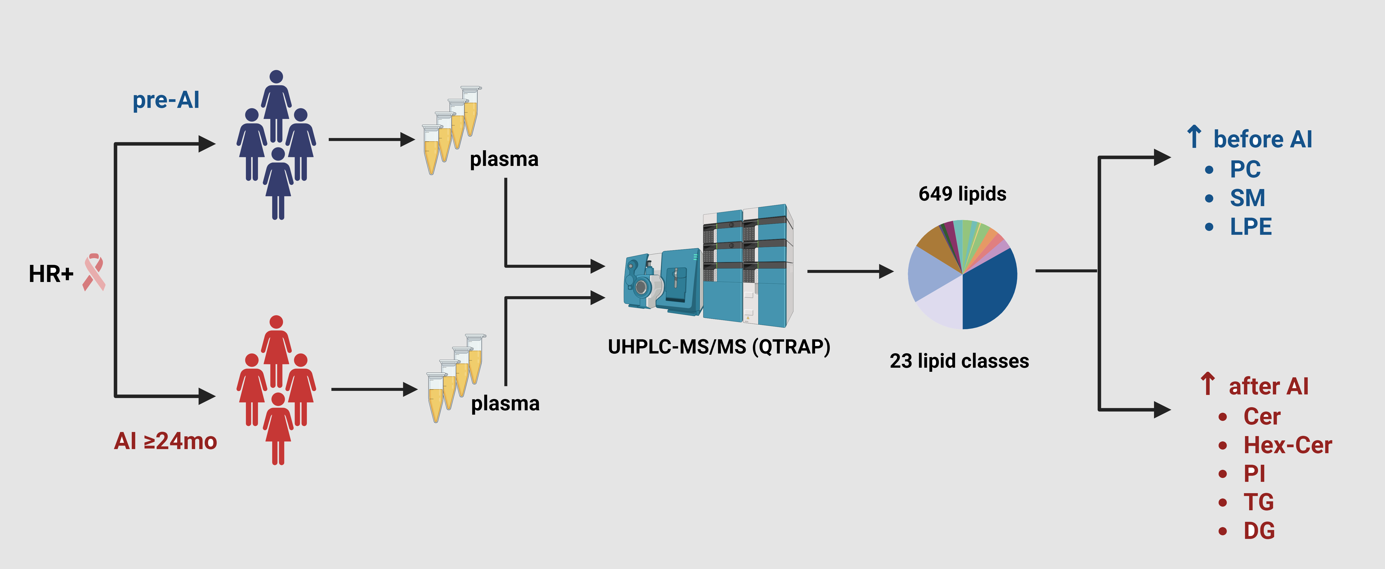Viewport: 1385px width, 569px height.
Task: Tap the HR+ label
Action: [51, 274]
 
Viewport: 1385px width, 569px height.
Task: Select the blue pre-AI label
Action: [166, 100]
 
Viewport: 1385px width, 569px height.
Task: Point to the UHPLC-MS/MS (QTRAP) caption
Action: [719, 347]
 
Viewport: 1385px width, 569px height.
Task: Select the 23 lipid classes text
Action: [959, 360]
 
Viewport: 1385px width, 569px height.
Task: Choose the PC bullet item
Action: [1245, 169]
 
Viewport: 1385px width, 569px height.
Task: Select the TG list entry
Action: [1258, 502]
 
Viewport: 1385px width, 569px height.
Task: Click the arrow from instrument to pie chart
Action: [850, 271]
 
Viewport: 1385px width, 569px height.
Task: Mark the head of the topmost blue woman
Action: [276, 77]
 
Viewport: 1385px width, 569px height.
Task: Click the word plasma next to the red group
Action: [505, 404]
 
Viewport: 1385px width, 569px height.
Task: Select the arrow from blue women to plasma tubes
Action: [371, 140]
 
